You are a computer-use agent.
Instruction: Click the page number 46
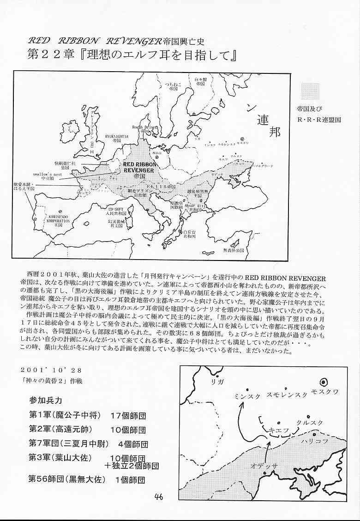[x=158, y=497]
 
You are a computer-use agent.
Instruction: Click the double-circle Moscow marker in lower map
[x=324, y=381]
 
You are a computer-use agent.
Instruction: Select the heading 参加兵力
[x=45, y=400]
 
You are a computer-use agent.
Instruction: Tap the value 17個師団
[x=128, y=415]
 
